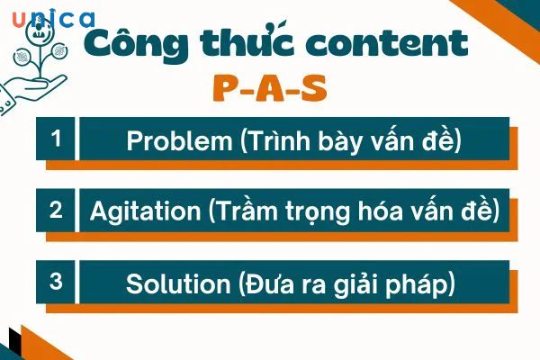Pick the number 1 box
(x=56, y=139)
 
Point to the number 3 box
(x=56, y=281)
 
